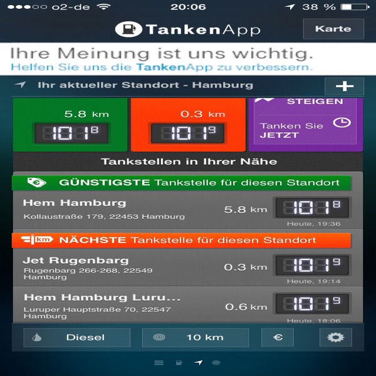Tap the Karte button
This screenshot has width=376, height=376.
333,29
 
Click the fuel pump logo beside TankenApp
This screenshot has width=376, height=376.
128,29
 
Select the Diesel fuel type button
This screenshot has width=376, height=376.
76,337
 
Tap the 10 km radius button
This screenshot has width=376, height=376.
196,337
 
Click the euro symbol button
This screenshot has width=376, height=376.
278,337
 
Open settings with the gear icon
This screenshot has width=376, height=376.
336,337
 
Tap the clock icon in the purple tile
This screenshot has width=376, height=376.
342,123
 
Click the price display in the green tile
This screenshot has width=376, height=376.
71,133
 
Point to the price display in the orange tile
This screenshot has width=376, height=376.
187,133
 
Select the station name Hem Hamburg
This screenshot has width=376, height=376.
75,203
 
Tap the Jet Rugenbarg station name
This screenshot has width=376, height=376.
76,261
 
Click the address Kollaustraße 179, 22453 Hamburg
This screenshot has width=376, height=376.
104,217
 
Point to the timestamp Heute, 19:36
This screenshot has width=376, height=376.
314,224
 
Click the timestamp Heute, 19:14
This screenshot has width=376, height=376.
314,281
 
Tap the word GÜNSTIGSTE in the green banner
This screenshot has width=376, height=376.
105,182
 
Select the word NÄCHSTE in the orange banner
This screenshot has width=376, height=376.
93,240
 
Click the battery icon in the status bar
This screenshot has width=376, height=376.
355,7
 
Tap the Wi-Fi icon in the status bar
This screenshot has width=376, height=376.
103,6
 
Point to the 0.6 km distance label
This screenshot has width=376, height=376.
246,306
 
